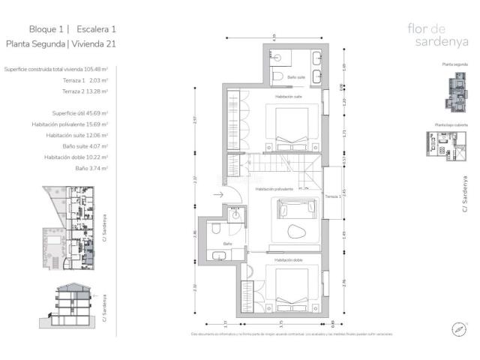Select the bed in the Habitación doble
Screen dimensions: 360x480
[289, 286]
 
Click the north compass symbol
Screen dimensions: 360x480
[457, 328]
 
